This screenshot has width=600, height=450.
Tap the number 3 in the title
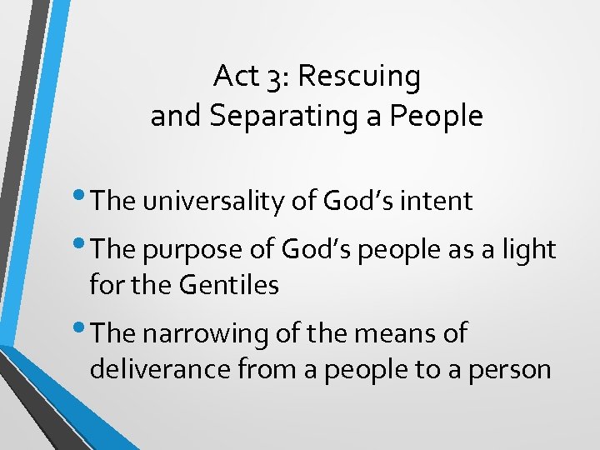point(277,77)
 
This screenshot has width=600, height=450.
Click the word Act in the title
point(234,77)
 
